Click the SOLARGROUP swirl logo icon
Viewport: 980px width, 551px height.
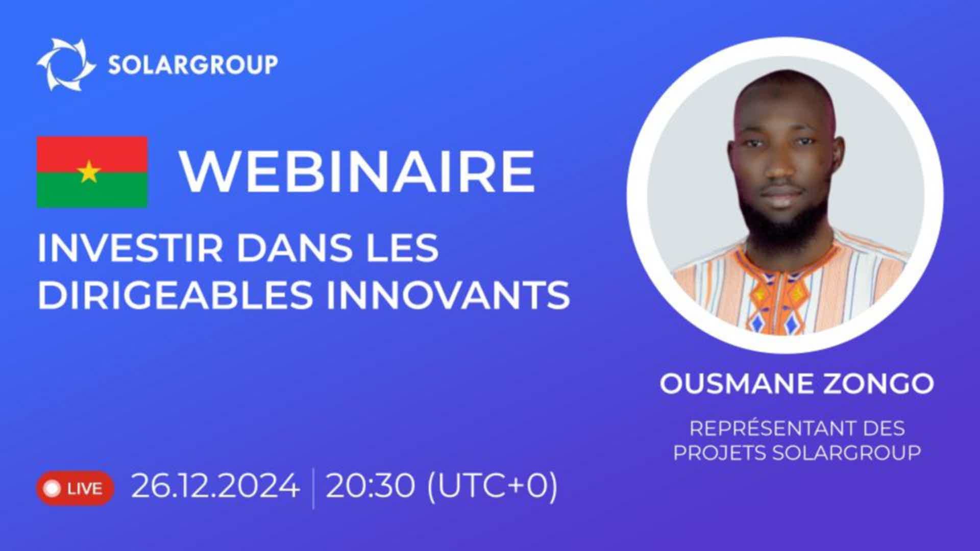[66, 64]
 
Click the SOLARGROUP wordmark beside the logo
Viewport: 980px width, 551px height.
[193, 65]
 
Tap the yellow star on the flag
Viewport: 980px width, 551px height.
[89, 172]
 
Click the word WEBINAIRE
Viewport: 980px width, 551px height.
[357, 171]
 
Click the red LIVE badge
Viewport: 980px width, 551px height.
[75, 488]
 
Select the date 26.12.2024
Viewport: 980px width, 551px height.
[215, 486]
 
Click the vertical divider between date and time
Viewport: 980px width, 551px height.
[313, 488]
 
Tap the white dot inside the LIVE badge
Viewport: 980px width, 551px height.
[53, 489]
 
